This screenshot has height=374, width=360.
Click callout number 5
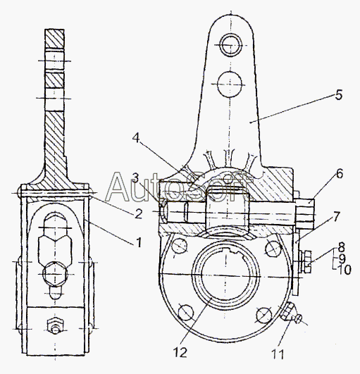339,94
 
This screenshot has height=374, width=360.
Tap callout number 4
136,138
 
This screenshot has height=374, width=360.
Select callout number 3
135,178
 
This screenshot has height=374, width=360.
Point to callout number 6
340,174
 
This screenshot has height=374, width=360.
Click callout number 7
335,216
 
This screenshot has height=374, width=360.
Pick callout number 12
180,352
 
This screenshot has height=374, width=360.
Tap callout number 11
278,354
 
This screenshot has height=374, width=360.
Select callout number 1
139,242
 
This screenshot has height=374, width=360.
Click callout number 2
138,213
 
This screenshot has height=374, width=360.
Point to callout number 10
345,270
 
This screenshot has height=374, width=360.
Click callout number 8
342,247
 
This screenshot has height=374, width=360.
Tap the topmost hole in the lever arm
230,44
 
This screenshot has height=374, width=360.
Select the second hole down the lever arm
230,85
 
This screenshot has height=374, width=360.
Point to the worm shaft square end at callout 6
305,214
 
